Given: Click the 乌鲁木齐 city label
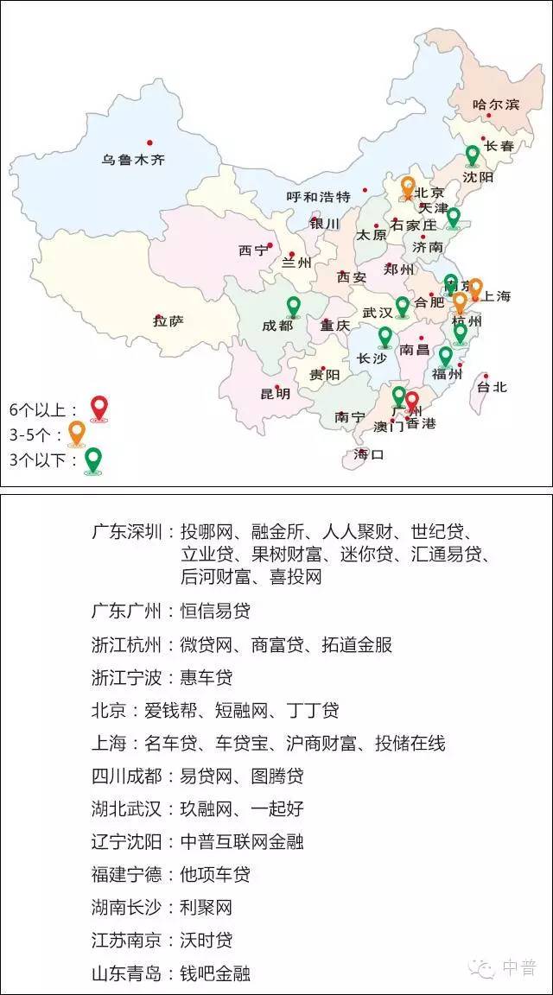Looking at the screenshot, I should tap(132, 160).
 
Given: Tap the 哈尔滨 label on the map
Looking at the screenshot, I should tap(496, 105).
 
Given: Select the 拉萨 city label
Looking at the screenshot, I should tap(168, 321).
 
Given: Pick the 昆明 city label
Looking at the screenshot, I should tap(276, 394).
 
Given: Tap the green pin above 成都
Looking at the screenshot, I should tap(293, 306).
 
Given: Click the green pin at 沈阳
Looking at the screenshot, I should tap(472, 155).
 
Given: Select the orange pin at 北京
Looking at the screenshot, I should tap(409, 187).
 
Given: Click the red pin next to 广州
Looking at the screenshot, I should tap(412, 402).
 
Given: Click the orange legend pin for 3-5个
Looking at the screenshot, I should tap(77, 433).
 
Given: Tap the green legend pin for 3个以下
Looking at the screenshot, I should tap(92, 459).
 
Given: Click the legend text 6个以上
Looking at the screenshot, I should tap(44, 409).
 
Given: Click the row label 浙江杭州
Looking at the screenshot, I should tap(127, 644).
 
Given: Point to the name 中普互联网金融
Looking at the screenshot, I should tap(242, 841).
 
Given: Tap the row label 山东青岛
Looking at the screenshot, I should tap(127, 973).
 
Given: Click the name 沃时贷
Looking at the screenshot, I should tap(207, 940).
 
